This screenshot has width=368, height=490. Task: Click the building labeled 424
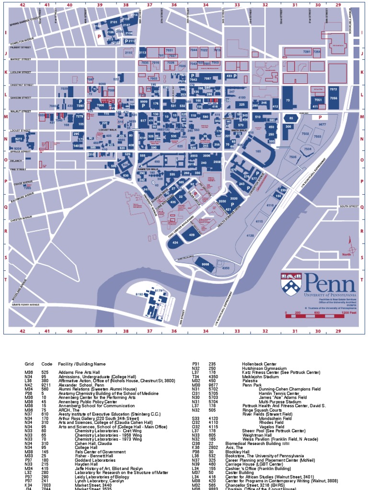175,243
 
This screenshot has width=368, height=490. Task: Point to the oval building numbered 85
290,118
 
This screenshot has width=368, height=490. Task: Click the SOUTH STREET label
349,206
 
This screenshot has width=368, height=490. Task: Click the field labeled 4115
259,221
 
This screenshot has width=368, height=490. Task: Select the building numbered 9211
19,139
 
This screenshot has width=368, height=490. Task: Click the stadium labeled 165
258,151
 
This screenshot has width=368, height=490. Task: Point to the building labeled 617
143,121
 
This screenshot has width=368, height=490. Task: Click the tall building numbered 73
287,100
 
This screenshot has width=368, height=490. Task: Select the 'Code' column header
47,364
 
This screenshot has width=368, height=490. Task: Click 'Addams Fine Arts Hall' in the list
79,372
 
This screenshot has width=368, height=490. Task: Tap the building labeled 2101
114,22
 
